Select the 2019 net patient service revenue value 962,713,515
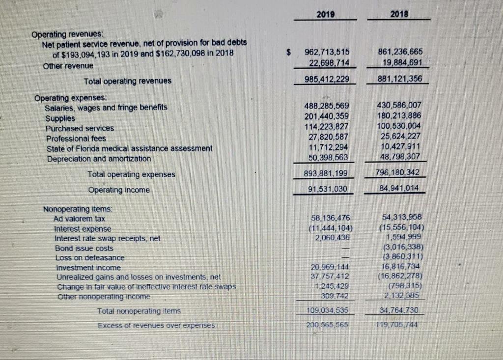[x=327, y=53]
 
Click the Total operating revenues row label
[x=128, y=81]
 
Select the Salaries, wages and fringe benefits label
[x=106, y=108]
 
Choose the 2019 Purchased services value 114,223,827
[x=327, y=127]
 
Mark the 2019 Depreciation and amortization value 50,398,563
[x=327, y=157]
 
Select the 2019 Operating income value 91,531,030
[x=327, y=189]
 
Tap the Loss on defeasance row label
[x=89, y=258]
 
